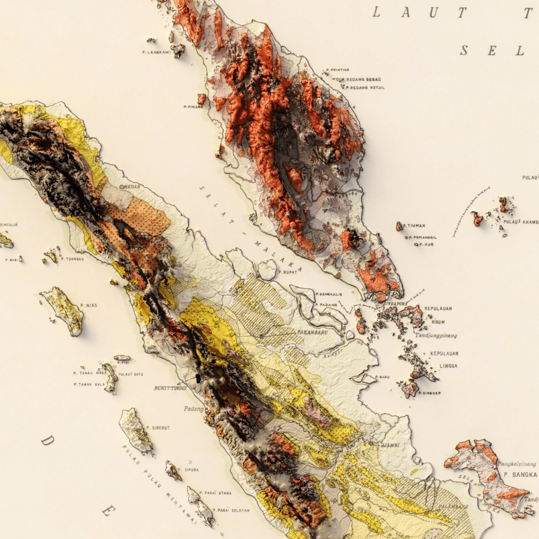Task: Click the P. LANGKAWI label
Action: pyautogui.click(x=156, y=52)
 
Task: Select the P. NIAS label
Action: pyautogui.click(x=89, y=305)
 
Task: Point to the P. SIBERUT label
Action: pyautogui.click(x=158, y=428)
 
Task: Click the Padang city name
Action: pyautogui.click(x=194, y=409)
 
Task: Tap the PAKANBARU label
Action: pyautogui.click(x=312, y=333)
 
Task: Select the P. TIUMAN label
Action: pyautogui.click(x=414, y=225)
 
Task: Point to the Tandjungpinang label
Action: pyautogui.click(x=436, y=335)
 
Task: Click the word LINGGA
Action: pyautogui.click(x=449, y=366)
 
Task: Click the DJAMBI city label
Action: pyautogui.click(x=390, y=445)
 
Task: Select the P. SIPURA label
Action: pyautogui.click(x=188, y=470)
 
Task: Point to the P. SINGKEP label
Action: pyautogui.click(x=430, y=393)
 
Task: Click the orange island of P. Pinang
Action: pyautogui.click(x=202, y=99)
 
